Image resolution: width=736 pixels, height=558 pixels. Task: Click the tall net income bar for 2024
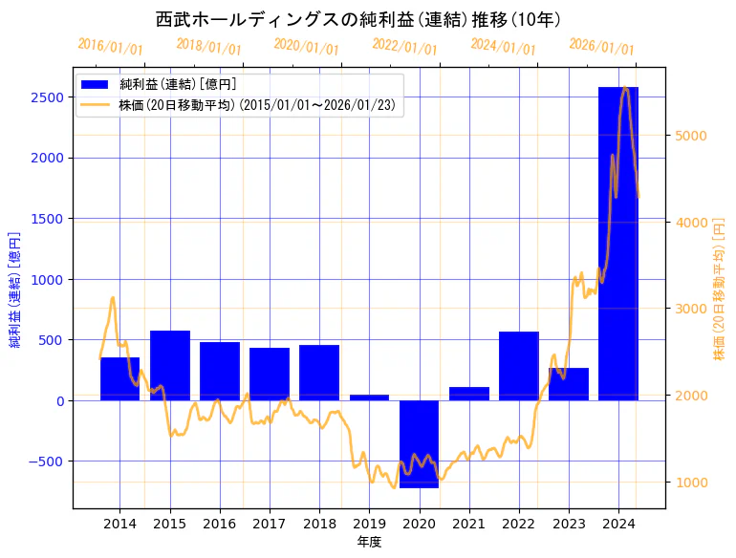coord(617,244)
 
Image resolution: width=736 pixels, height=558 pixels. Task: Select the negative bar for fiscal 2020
coord(419,443)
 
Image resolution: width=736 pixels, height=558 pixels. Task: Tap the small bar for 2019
coord(369,397)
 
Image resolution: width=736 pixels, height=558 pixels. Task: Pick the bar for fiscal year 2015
coord(170,365)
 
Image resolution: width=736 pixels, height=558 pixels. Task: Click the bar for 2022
coord(518,366)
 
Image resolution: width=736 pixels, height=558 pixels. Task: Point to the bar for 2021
coord(468,394)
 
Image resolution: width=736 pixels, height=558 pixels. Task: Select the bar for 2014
coord(120,378)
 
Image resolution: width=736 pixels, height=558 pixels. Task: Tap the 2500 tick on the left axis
coord(49,97)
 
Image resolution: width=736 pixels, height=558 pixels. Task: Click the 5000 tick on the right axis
coord(690,136)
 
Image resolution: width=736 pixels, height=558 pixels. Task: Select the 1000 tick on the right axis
coord(690,483)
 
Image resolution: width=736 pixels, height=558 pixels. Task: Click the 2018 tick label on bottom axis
coord(319,524)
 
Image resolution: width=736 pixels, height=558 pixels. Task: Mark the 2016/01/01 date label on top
coord(110,47)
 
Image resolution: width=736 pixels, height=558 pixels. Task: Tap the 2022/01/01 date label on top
coord(404,47)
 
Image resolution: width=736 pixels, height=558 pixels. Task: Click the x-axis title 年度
coord(369,542)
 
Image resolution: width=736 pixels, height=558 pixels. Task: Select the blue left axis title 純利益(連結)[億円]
coord(15,290)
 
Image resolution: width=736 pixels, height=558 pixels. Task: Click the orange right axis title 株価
coord(720,290)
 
